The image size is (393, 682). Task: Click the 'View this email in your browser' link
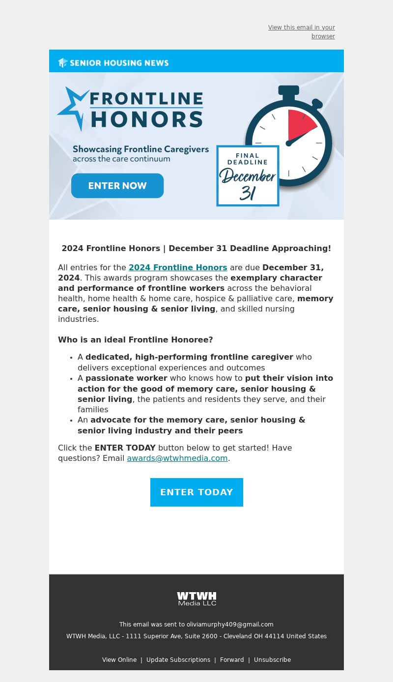coord(302,32)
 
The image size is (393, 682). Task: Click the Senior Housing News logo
coord(113,63)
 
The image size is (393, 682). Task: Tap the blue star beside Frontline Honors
coord(73,107)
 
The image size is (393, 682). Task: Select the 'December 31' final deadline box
coord(248,176)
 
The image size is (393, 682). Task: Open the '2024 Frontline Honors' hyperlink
coord(178,268)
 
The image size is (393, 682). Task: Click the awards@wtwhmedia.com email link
coord(177,458)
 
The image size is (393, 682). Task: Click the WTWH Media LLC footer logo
coord(196,598)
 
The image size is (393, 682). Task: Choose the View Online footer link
coord(119,660)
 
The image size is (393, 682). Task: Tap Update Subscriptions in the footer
coord(178,660)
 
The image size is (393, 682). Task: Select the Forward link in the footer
coord(232,660)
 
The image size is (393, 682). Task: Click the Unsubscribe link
coord(272,660)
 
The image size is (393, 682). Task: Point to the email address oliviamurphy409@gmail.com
coord(230,625)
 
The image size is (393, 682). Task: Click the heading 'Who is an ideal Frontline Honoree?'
coord(136,340)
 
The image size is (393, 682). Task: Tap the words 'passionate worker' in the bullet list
coord(126,378)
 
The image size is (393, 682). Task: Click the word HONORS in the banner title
coord(147,119)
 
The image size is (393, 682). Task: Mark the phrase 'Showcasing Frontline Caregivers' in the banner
coord(140,149)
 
